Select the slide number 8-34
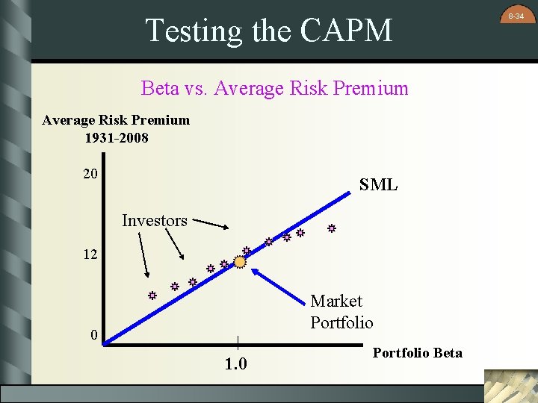(x=516, y=15)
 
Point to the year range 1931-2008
(x=117, y=138)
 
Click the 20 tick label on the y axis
(x=90, y=174)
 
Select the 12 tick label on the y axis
(x=90, y=255)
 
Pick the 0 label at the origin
(x=94, y=335)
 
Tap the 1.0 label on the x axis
(x=237, y=364)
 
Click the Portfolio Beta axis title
(x=417, y=352)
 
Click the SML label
(x=378, y=185)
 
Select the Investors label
(x=155, y=220)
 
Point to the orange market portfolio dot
(x=240, y=261)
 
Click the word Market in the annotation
(x=336, y=301)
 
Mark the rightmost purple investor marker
(x=330, y=229)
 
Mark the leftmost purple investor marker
(x=151, y=296)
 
